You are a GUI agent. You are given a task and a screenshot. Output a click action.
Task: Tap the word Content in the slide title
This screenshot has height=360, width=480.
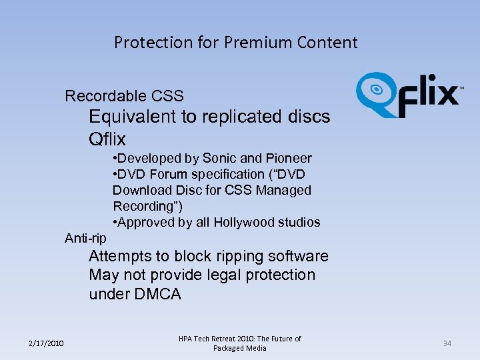tap(327, 43)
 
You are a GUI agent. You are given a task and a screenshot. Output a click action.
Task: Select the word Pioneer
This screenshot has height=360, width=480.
tap(289, 159)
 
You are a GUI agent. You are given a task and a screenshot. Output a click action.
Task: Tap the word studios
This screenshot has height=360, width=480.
tap(298, 223)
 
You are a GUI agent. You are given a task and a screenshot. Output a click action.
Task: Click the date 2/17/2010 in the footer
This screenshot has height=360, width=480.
tap(47, 343)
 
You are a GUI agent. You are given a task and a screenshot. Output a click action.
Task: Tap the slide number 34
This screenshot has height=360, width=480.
tap(447, 343)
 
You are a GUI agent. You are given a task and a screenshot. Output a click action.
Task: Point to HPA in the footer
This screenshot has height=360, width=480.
tap(186, 339)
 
